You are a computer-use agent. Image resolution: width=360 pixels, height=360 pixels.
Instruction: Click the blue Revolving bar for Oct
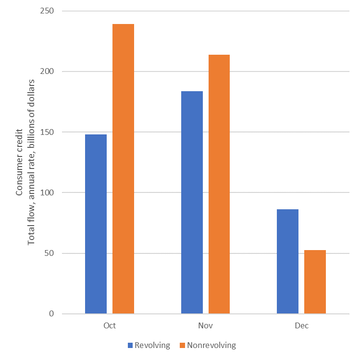96,224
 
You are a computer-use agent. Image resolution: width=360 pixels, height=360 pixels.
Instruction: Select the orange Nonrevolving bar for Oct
123,169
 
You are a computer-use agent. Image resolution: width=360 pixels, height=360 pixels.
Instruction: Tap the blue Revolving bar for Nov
192,203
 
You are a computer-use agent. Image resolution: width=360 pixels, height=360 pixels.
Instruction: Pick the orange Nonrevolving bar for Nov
219,184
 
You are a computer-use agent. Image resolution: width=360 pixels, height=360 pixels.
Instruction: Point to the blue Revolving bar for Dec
288,262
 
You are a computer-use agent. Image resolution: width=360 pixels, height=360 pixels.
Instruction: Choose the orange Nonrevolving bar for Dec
315,282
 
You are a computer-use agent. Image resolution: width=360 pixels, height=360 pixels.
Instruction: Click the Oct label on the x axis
110,325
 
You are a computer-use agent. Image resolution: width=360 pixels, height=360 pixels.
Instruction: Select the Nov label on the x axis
206,325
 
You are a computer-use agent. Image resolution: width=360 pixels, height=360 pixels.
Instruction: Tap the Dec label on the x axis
302,325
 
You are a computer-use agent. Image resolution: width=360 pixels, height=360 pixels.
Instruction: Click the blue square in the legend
130,345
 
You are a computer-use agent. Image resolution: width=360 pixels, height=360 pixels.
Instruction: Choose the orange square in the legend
182,345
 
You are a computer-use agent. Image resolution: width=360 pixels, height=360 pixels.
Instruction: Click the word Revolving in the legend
152,345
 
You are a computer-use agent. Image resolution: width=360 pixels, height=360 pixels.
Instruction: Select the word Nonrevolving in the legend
211,345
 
